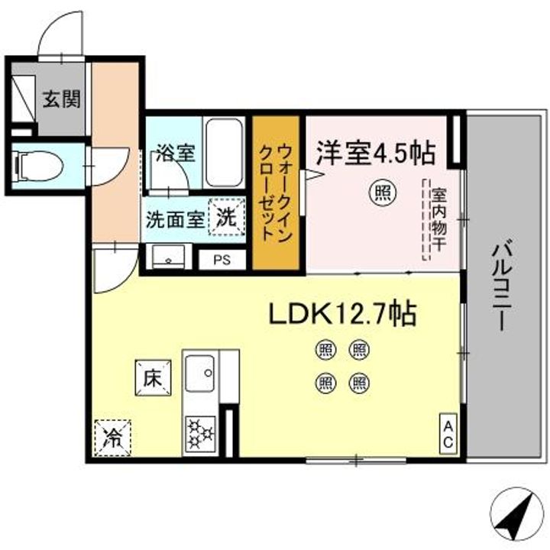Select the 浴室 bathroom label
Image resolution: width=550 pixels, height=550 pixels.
(x=176, y=152)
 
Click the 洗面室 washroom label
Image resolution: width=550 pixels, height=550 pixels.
(x=176, y=218)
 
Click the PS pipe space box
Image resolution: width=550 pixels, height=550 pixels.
(x=222, y=259)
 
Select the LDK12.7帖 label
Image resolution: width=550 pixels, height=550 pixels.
(x=341, y=312)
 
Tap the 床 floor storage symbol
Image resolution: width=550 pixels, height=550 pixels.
(x=152, y=376)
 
